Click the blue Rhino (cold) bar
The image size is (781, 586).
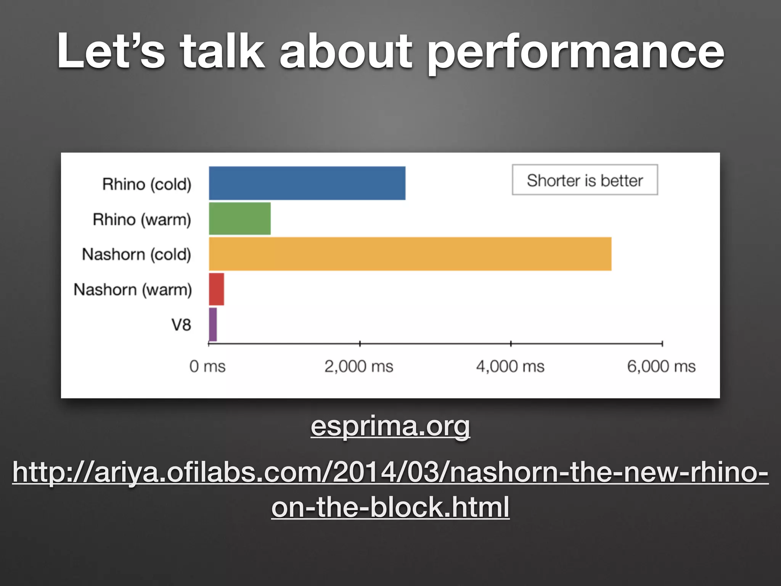click(307, 183)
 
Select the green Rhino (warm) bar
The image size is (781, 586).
click(239, 219)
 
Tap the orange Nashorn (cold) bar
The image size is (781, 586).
click(410, 254)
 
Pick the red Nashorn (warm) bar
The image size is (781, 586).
click(217, 289)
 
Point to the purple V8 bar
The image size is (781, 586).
click(213, 324)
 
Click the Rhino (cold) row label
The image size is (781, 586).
click(147, 184)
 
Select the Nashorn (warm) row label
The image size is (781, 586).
click(133, 290)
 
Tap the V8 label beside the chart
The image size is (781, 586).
click(181, 325)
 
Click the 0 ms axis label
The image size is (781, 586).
click(207, 366)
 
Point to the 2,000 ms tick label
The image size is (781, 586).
click(358, 366)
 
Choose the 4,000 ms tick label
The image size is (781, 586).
click(510, 366)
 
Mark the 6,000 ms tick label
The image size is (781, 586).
click(661, 366)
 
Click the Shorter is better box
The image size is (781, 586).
click(585, 180)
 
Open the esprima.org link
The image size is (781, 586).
click(390, 426)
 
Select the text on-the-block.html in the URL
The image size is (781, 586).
click(390, 507)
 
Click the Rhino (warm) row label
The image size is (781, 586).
click(142, 220)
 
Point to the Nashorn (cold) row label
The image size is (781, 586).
click(137, 254)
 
